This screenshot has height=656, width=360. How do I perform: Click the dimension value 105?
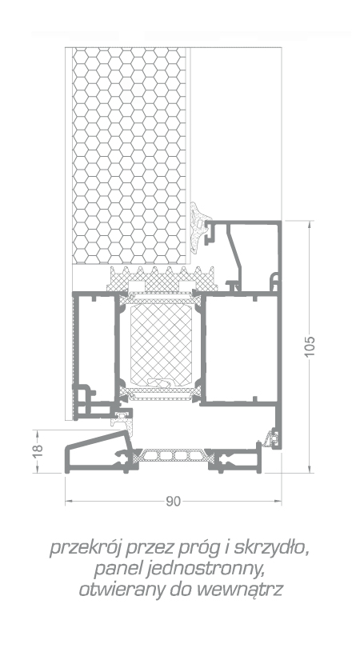point(310,346)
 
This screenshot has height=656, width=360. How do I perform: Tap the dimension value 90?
point(173,502)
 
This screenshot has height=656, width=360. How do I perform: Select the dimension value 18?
point(38,450)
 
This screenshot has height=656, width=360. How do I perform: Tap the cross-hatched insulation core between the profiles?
point(161,345)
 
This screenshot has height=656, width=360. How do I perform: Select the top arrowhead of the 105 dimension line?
point(310,224)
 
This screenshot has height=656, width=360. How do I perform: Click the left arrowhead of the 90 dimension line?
point(69,501)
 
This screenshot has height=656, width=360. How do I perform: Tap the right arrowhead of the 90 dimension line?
point(277,501)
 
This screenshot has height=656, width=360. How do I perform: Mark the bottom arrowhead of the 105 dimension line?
point(310,469)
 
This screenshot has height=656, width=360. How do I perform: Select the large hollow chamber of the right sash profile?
point(240,348)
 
